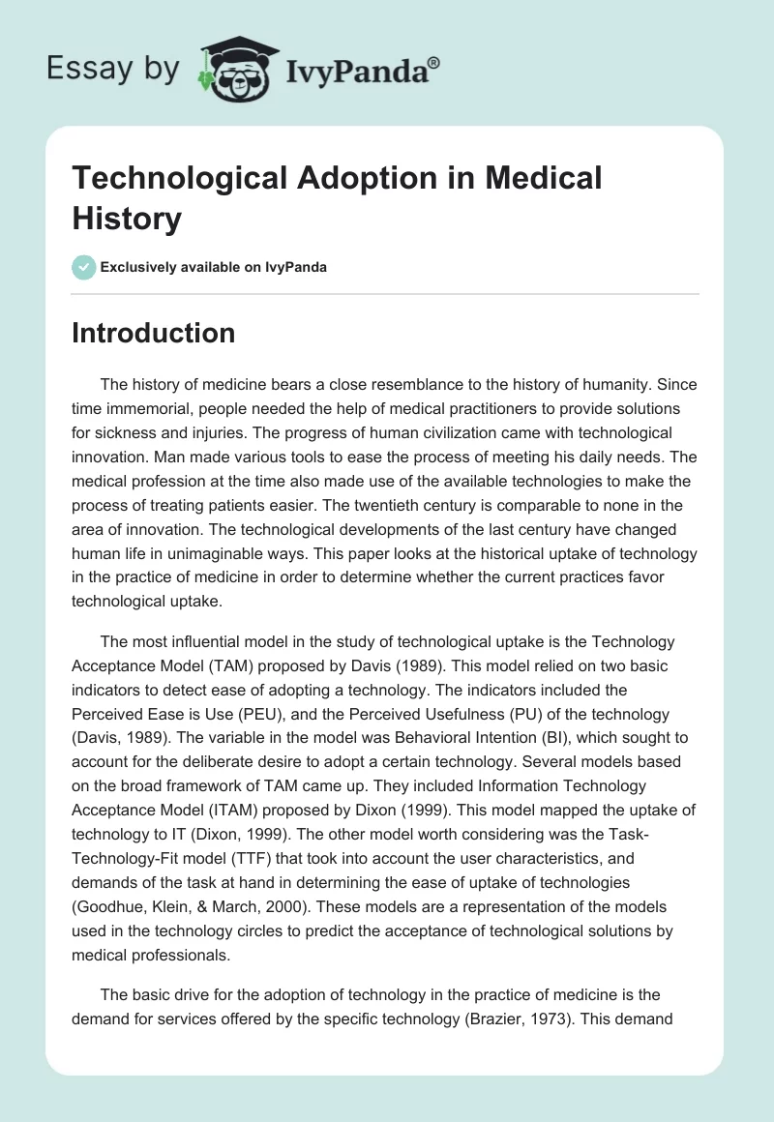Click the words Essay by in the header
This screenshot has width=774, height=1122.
(112, 69)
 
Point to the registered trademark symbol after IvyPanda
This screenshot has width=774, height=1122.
(434, 62)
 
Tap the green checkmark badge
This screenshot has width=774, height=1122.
(84, 267)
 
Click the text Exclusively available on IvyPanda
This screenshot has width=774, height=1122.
(214, 268)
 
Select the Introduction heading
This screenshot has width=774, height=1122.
(154, 334)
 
